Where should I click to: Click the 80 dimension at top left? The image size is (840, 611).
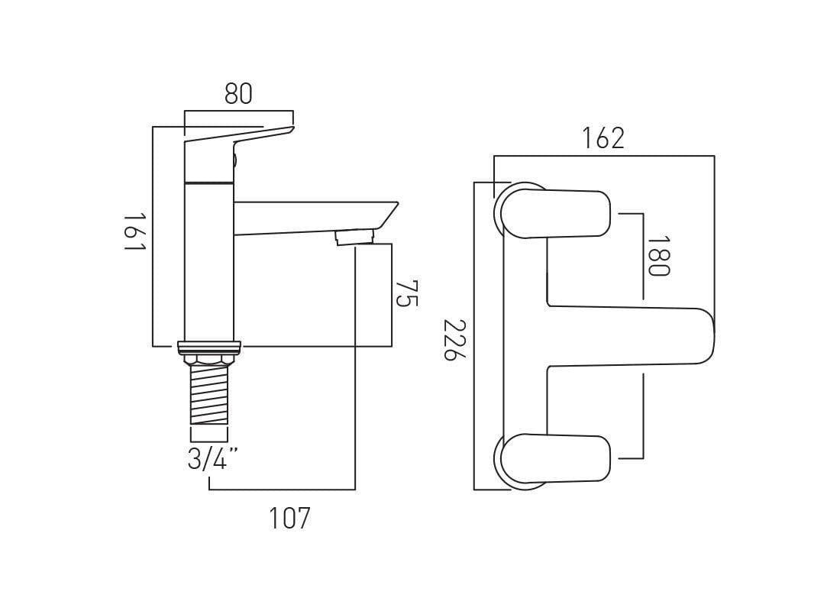(x=238, y=93)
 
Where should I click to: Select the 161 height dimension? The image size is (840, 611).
(x=134, y=234)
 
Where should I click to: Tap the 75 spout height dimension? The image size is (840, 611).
(x=407, y=293)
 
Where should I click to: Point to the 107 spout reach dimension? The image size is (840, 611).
(x=289, y=519)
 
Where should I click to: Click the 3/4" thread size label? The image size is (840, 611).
(x=212, y=459)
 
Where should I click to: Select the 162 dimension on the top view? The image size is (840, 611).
(x=603, y=138)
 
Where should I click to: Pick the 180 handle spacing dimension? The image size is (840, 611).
(x=657, y=256)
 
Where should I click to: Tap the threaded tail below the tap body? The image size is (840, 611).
(x=208, y=394)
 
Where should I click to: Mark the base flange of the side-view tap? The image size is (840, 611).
(x=208, y=347)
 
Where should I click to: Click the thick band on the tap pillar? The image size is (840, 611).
(x=208, y=183)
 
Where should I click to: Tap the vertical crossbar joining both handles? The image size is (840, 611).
(x=525, y=336)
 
